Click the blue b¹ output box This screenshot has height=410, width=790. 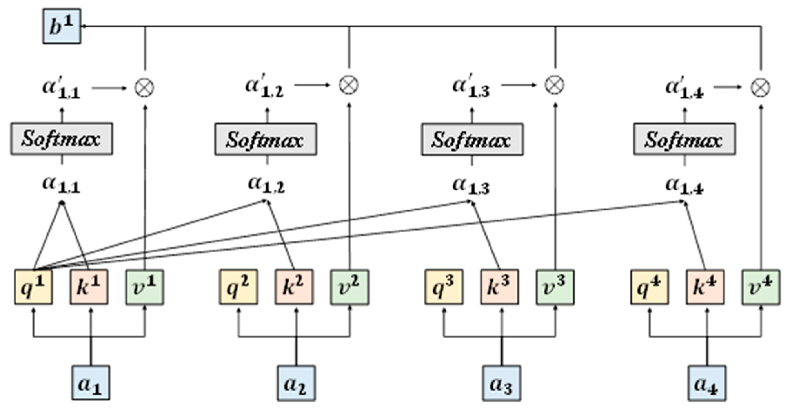(x=62, y=26)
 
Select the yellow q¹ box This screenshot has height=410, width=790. (x=33, y=287)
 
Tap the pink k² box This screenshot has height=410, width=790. (x=294, y=287)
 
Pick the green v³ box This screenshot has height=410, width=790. (x=555, y=287)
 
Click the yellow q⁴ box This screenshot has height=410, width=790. (x=649, y=287)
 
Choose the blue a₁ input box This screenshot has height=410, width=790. (x=91, y=383)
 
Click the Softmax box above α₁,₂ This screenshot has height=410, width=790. (x=266, y=139)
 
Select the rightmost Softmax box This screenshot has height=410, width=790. (x=684, y=139)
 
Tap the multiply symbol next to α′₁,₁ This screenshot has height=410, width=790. (x=144, y=87)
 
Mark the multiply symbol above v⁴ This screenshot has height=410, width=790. (x=761, y=87)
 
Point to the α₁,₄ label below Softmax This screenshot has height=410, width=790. (x=684, y=187)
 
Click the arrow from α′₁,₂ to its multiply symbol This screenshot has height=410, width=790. (x=312, y=85)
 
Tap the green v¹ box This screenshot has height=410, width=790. (x=145, y=287)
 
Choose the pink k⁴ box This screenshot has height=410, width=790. (x=705, y=287)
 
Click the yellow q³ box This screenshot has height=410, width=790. (x=444, y=287)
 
